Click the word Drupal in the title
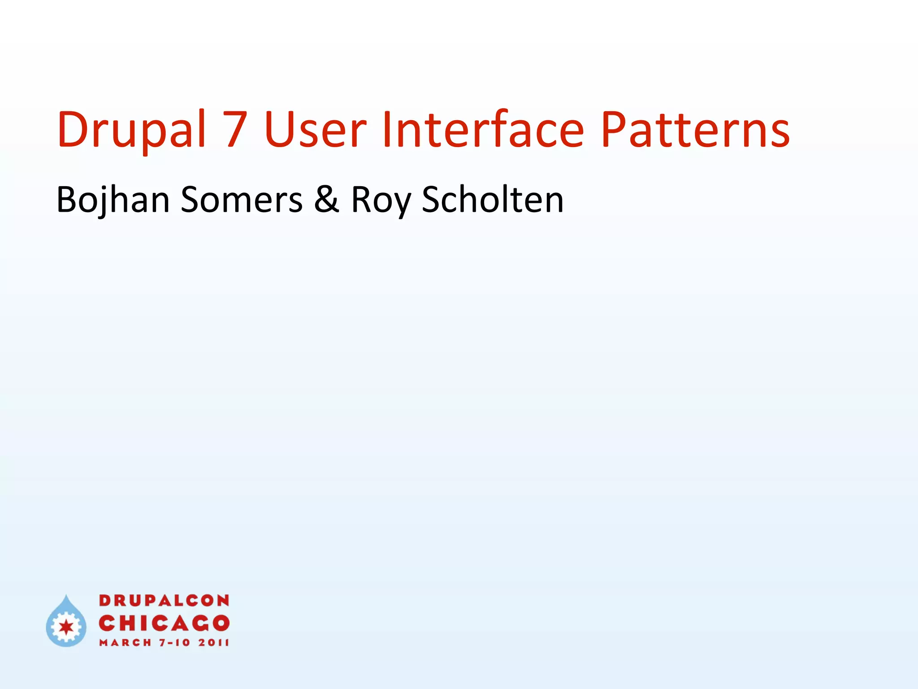pos(131,130)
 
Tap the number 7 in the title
pos(236,130)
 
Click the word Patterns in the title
pos(695,130)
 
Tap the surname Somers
pos(242,200)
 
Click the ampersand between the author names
pos(326,200)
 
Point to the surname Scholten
pos(493,200)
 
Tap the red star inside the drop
pos(66,627)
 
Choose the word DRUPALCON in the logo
pos(164,601)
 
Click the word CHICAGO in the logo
pos(164,623)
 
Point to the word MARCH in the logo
pos(126,643)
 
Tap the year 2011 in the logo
pos(214,643)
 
